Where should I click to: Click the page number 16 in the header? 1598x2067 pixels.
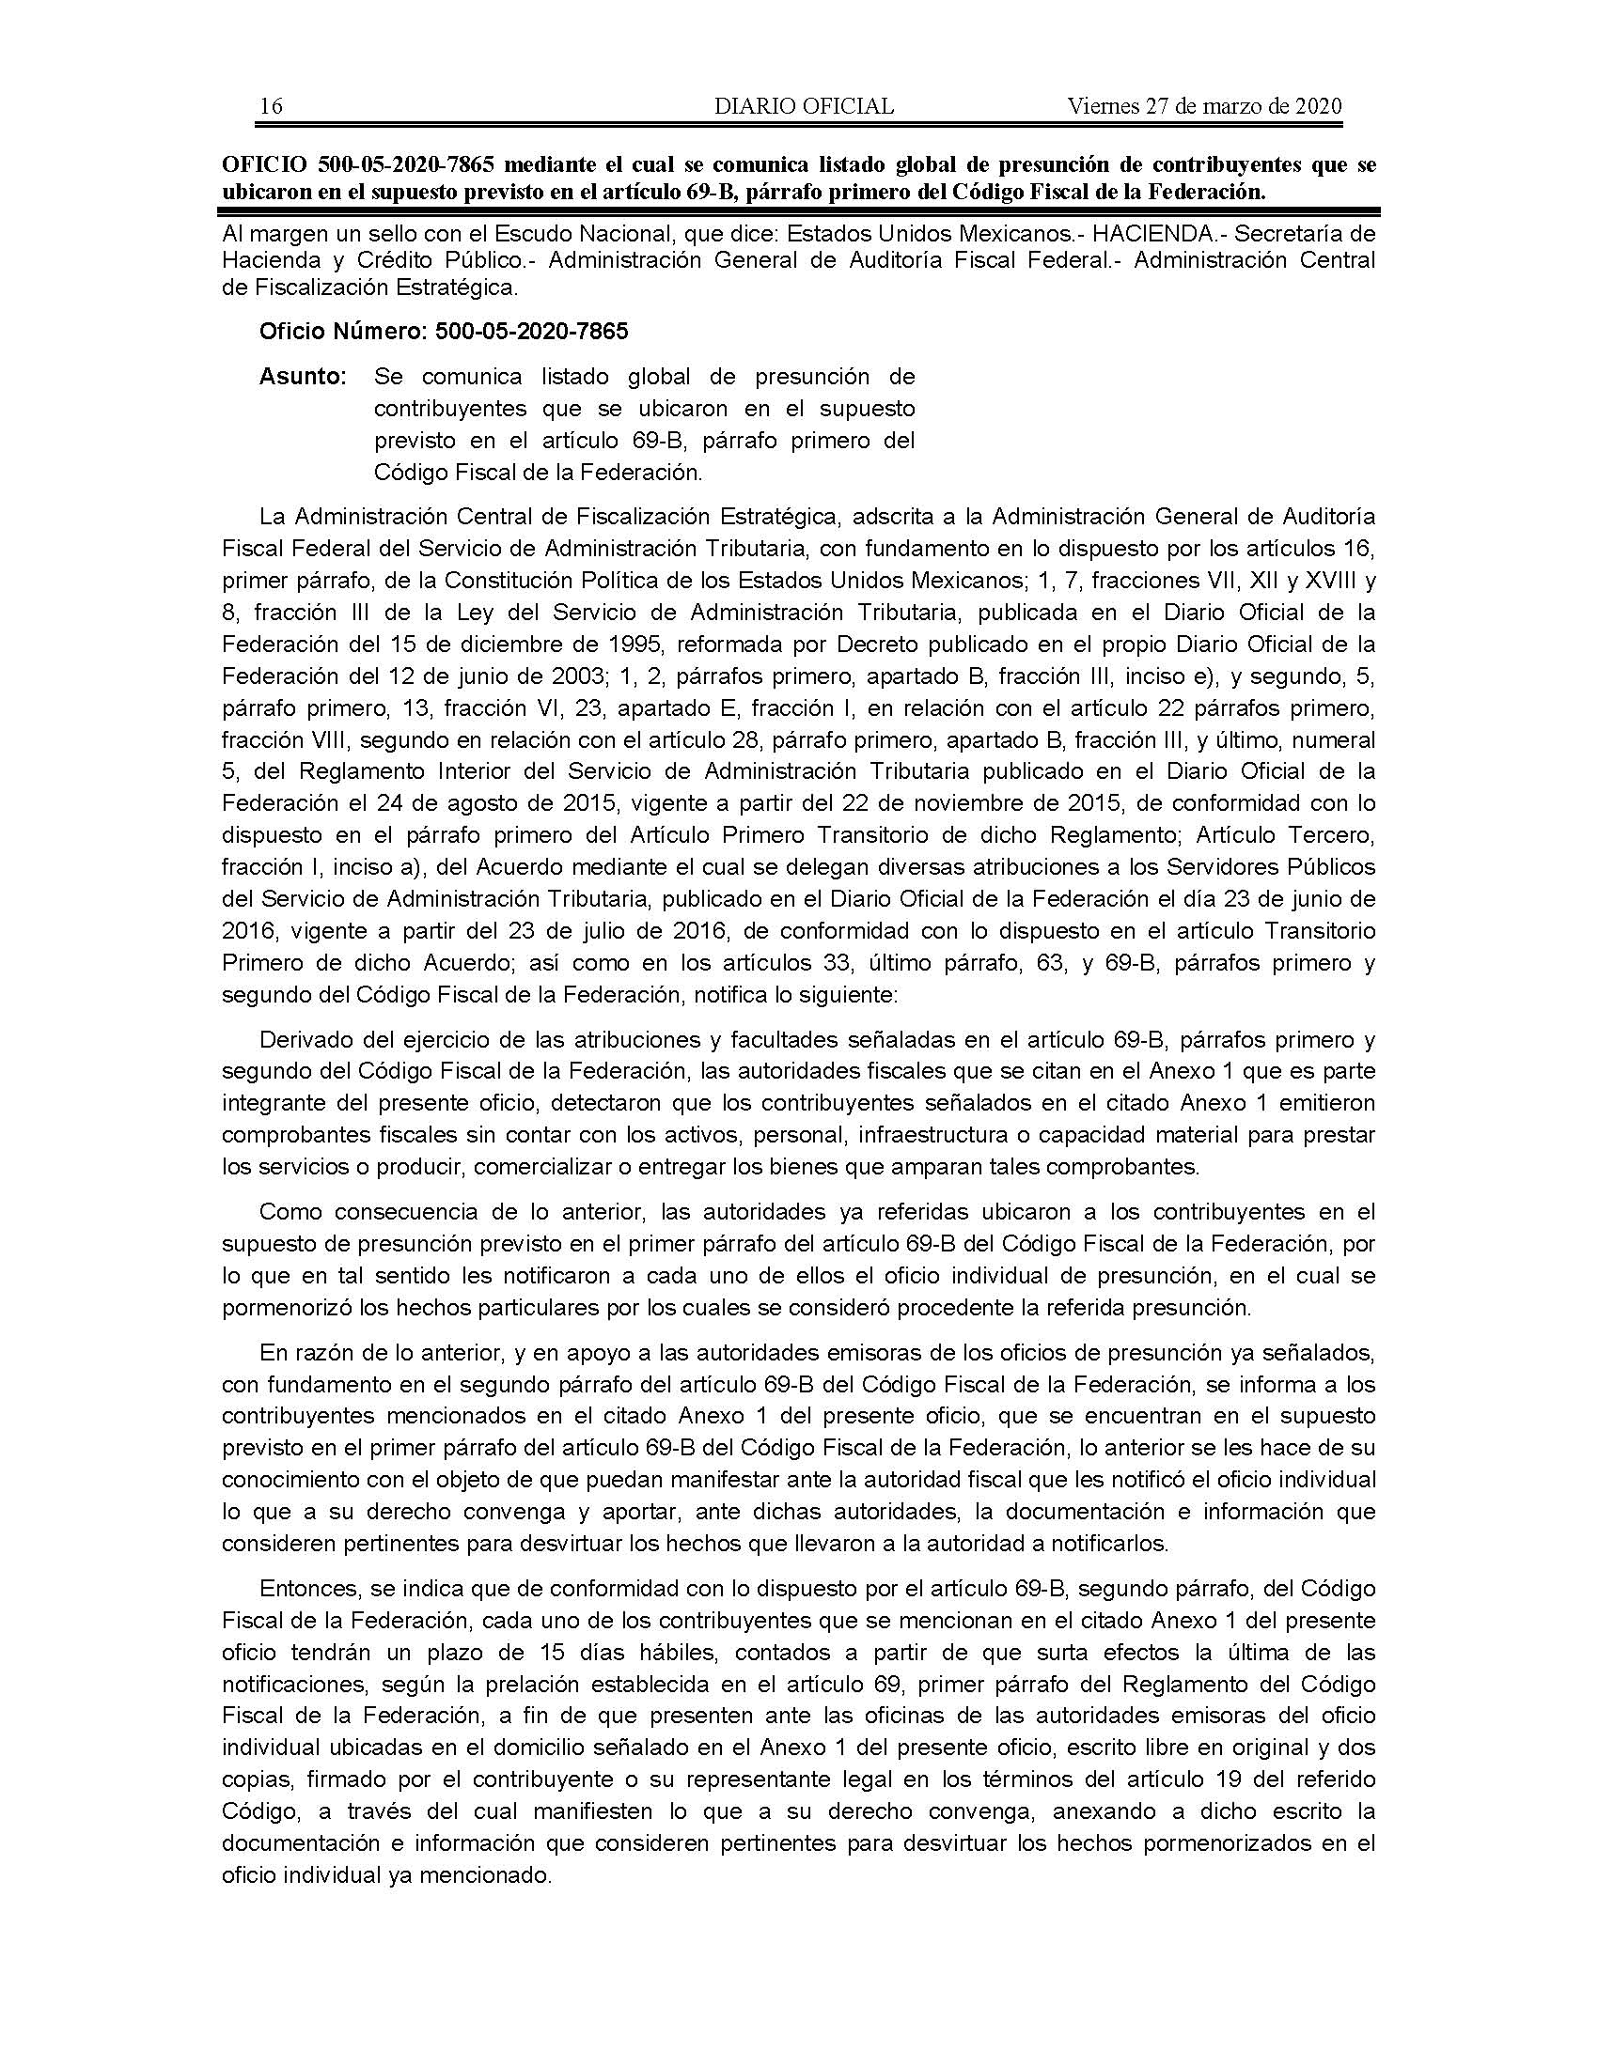point(271,106)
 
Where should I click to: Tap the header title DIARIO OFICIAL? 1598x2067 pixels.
point(804,106)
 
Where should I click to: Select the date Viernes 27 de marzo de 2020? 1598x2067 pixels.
point(1204,106)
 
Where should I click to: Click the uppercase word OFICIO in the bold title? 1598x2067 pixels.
point(264,164)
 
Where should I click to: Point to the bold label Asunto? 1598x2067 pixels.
point(303,377)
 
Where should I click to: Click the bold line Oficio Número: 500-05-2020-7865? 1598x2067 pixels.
point(443,332)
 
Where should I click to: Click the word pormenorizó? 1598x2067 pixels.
point(284,1309)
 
